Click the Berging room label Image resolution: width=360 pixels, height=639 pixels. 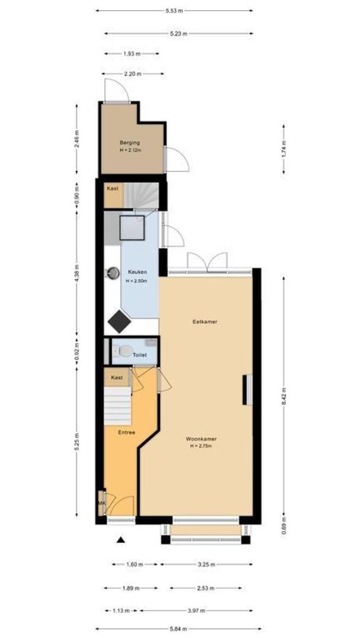point(129,143)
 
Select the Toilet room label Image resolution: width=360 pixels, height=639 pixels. point(140,355)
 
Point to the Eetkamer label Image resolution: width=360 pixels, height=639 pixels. point(204,322)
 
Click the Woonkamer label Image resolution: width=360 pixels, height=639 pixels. point(201,439)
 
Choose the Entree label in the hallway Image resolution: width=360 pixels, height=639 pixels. point(126,433)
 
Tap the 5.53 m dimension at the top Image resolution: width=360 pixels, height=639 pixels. point(175,11)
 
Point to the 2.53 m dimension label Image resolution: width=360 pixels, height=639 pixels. point(205,589)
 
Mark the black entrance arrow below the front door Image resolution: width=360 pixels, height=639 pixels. point(121,540)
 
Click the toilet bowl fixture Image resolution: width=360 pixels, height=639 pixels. point(125,351)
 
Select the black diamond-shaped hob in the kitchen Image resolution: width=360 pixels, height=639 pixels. point(120,322)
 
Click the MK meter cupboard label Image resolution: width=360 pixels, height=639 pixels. point(102,503)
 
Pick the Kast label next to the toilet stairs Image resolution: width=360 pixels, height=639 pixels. point(117,377)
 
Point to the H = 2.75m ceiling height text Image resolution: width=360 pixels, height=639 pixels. point(201,447)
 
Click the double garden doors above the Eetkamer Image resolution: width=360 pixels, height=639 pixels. point(207,262)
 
